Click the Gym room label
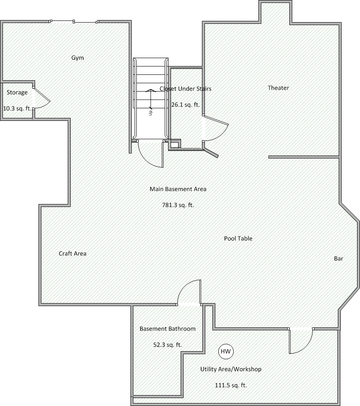(x=77, y=58)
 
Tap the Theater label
(x=278, y=88)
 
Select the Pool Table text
(x=238, y=238)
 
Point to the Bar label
(x=339, y=258)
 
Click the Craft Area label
(x=72, y=253)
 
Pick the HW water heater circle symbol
(x=226, y=351)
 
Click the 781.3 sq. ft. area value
(x=178, y=205)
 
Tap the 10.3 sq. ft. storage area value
(x=17, y=108)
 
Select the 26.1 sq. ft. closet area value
(x=186, y=105)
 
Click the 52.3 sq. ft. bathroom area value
(x=168, y=345)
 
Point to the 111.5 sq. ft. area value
(x=231, y=385)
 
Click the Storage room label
(x=17, y=92)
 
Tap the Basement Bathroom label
(x=168, y=329)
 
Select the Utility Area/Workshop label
(x=231, y=369)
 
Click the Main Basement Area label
(x=178, y=189)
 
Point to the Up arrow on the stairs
(x=150, y=100)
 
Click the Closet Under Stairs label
(x=186, y=89)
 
